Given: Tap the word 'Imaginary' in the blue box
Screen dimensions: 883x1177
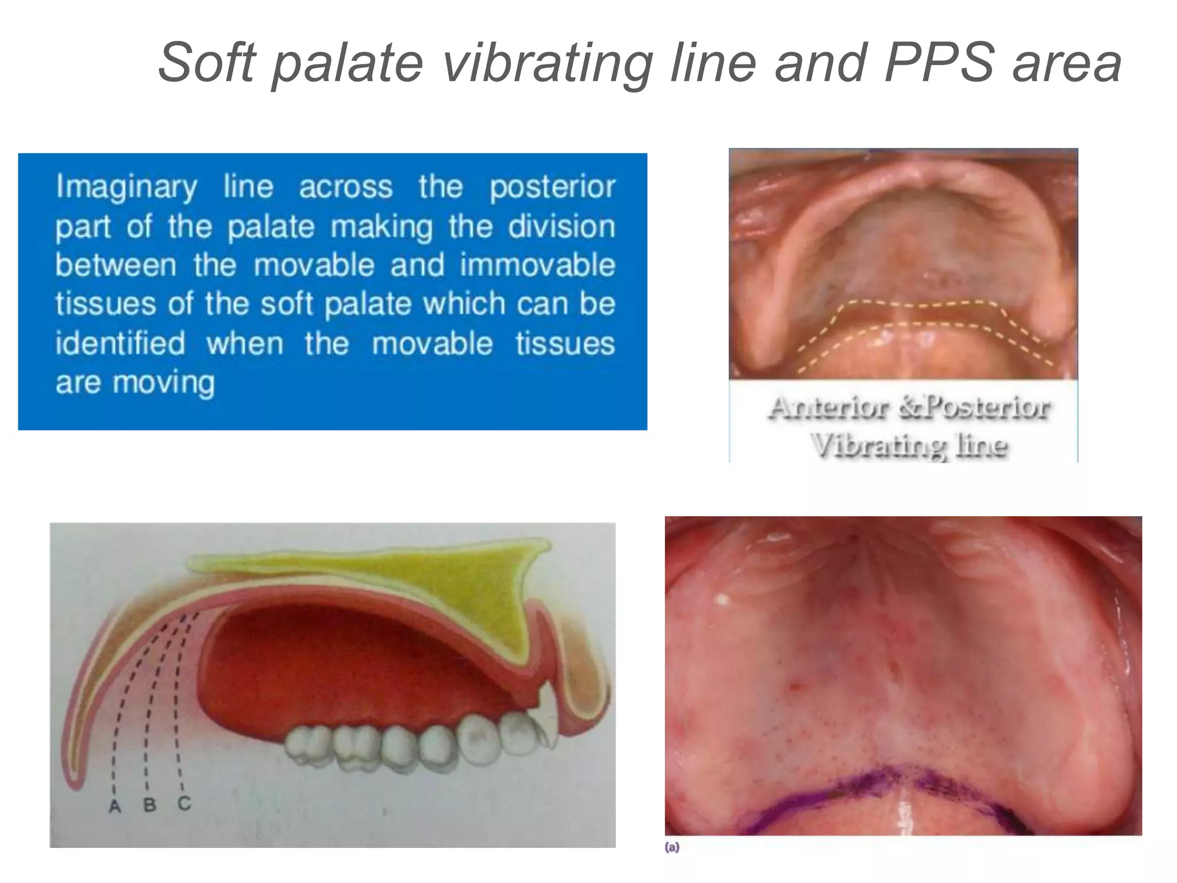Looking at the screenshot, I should click(126, 188).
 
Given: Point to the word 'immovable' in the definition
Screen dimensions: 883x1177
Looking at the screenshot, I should click(537, 266).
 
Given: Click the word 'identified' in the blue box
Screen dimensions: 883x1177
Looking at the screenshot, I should click(120, 343).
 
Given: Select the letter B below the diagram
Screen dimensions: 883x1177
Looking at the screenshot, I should click(149, 805).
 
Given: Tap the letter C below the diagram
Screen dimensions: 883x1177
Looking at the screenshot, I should click(184, 803).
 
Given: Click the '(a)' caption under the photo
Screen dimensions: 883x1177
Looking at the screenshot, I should click(672, 847).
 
